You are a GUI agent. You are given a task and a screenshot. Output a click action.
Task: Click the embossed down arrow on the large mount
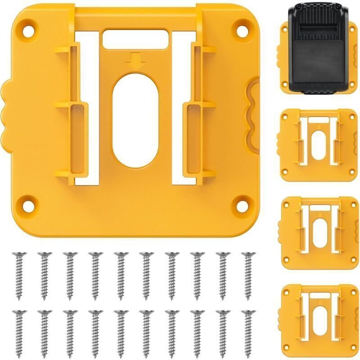tap(135, 59)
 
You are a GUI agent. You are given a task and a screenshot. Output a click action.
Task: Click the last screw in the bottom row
tap(247, 331)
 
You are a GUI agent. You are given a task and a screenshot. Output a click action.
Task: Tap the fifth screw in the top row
tap(121, 274)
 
